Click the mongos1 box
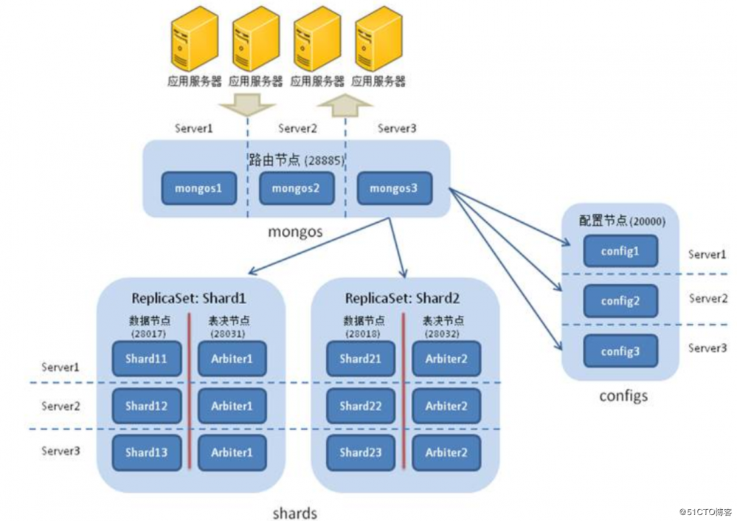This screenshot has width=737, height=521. [198, 189]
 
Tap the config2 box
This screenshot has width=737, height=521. [620, 301]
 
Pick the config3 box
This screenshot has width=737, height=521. [620, 351]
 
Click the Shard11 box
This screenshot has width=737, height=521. [146, 359]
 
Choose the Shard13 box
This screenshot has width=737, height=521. [146, 452]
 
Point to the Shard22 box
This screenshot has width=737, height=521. [360, 406]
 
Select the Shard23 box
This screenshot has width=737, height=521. [360, 452]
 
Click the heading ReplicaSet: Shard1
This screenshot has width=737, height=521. [188, 299]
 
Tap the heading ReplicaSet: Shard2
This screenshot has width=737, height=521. [403, 299]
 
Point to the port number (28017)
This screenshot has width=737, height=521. [148, 334]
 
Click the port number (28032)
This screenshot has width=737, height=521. [444, 334]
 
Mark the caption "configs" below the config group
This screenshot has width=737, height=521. [623, 396]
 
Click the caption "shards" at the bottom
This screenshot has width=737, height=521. [295, 513]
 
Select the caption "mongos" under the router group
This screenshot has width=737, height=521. [295, 231]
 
